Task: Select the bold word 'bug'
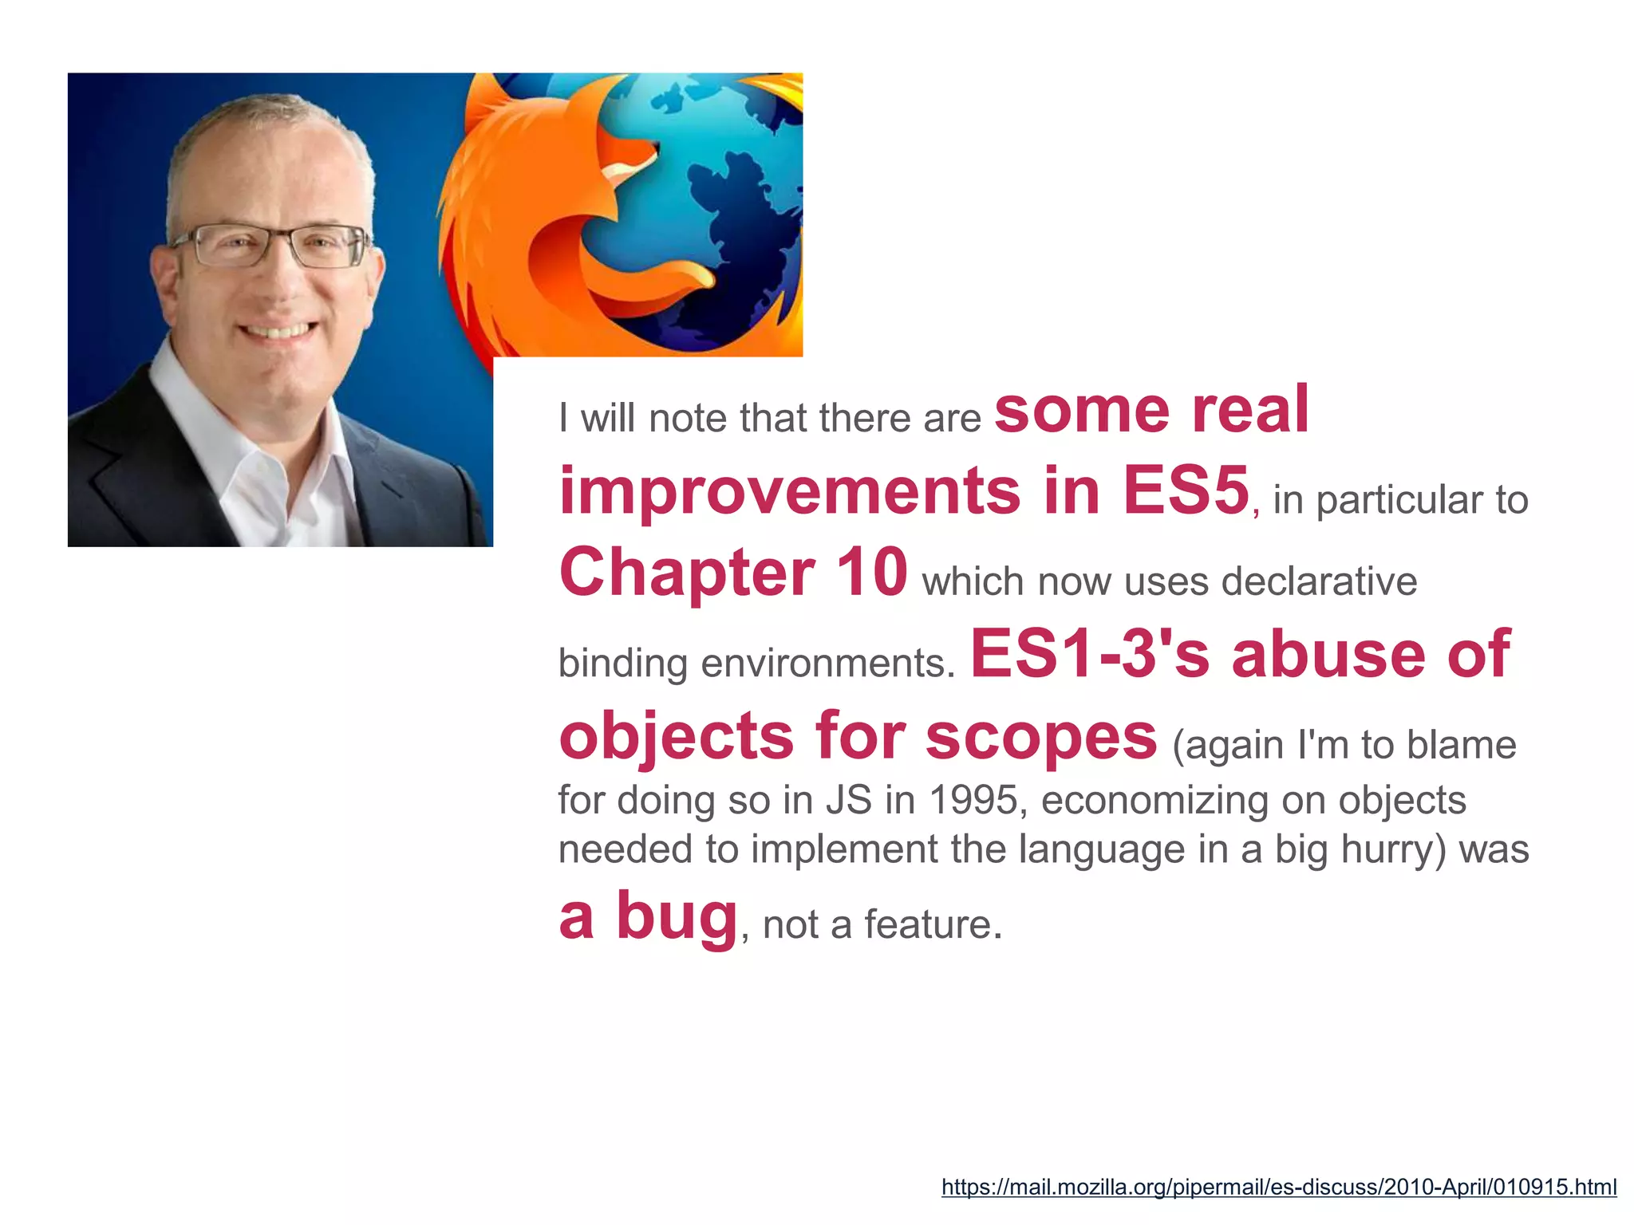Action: tap(677, 917)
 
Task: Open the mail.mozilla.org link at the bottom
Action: tap(1278, 1187)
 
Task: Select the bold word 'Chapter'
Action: tap(687, 573)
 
